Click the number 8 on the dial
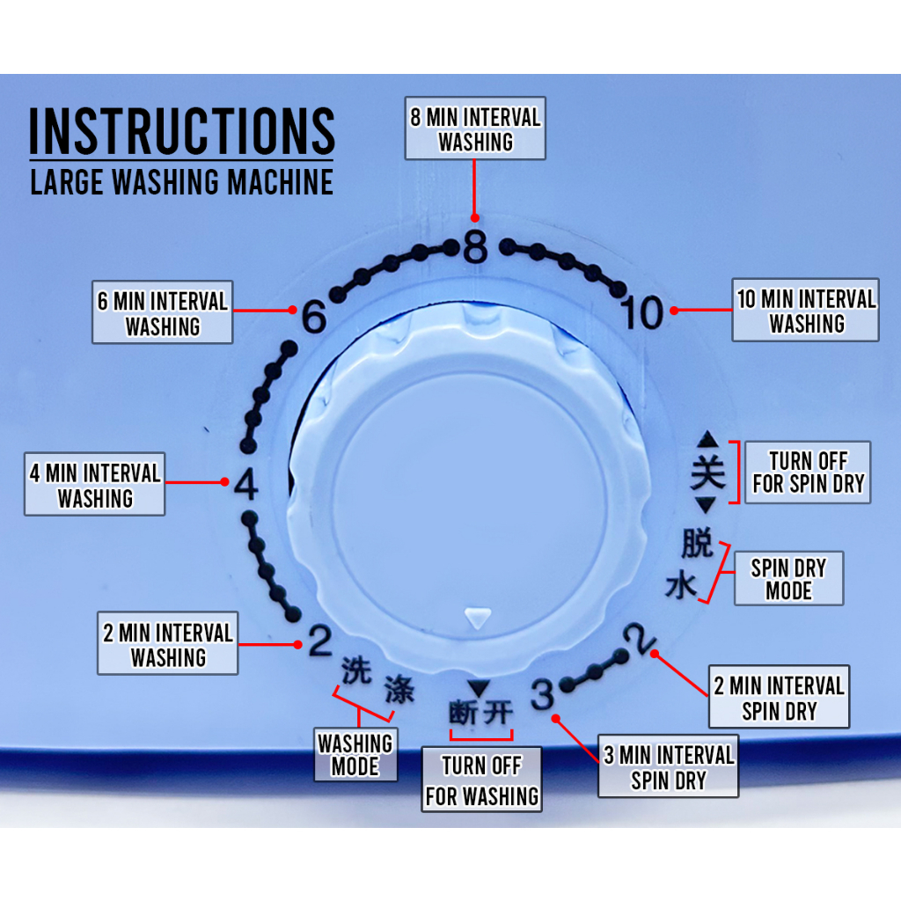point(474,248)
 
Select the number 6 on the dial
point(313,317)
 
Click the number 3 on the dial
point(543,696)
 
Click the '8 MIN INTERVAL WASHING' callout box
point(475,128)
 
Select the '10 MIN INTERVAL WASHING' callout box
point(805,311)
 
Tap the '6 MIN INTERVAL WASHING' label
point(163,313)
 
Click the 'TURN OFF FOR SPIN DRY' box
point(808,472)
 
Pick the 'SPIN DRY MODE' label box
point(787,579)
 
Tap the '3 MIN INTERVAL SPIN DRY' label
point(668,767)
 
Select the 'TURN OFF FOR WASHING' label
point(481,780)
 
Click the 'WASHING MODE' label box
point(355,754)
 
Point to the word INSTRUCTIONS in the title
point(182,131)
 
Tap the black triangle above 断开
point(478,689)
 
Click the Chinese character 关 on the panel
point(707,472)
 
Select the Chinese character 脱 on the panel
point(697,544)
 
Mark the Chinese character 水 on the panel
point(681,586)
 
